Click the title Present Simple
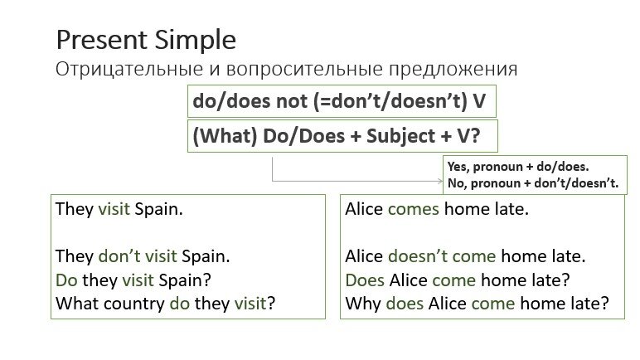145,40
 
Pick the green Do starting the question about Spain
65,280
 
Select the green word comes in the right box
413,209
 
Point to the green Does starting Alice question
365,280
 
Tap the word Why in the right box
362,304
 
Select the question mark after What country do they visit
271,304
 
